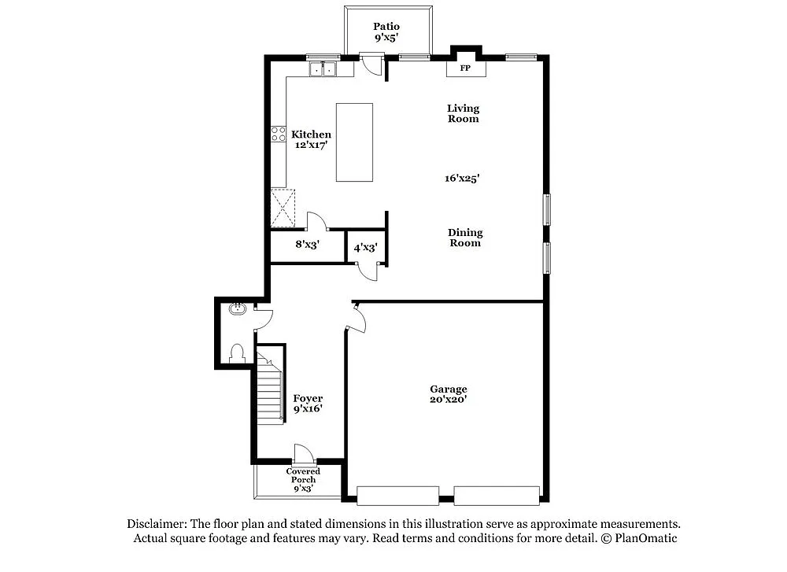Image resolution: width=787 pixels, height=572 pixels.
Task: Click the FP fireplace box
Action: (x=466, y=68)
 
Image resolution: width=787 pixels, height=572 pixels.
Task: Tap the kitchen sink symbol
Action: (x=322, y=70)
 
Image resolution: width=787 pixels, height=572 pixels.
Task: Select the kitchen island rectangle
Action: (x=354, y=142)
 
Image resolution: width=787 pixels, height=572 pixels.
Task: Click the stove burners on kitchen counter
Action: (x=278, y=135)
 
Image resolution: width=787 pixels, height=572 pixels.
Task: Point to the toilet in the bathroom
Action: (x=237, y=353)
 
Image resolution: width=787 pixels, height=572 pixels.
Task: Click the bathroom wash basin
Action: (x=238, y=309)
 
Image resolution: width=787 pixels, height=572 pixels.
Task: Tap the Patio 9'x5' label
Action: (x=386, y=31)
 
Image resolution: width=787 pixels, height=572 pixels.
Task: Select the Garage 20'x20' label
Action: (x=448, y=394)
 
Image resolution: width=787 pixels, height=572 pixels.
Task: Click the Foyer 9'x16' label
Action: (x=308, y=404)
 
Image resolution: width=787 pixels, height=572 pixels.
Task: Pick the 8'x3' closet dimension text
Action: (x=307, y=245)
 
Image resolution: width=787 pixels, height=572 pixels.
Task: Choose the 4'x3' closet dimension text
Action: (x=365, y=248)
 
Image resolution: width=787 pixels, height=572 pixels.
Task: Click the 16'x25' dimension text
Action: (x=462, y=179)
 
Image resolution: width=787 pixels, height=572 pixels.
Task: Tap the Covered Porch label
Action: (x=303, y=475)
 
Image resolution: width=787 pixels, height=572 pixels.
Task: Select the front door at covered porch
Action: (x=304, y=454)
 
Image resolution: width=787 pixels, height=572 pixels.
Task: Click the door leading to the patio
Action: (x=371, y=63)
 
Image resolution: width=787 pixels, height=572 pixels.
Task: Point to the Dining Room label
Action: (x=464, y=238)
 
